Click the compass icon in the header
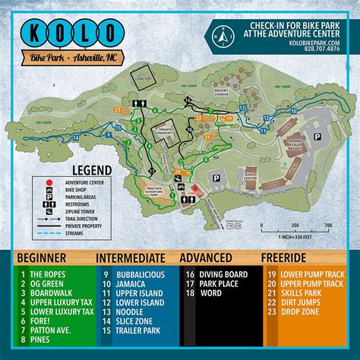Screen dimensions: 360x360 pyautogui.click(x=219, y=36)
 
